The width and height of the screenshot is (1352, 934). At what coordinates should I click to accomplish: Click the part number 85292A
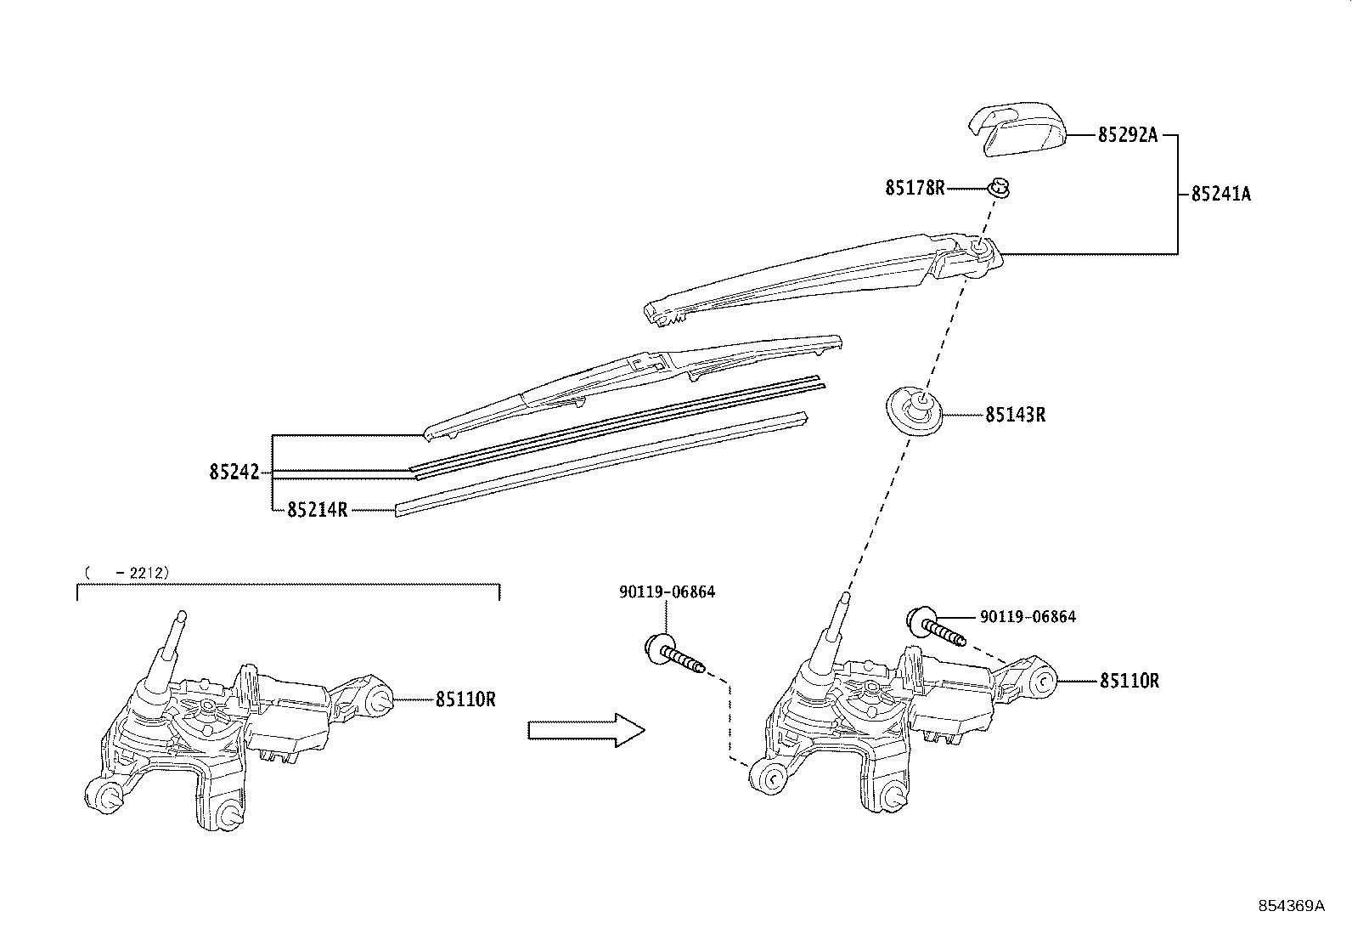click(1128, 135)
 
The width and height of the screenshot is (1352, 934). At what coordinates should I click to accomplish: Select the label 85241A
click(1220, 195)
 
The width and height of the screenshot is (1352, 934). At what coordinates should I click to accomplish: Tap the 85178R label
click(915, 188)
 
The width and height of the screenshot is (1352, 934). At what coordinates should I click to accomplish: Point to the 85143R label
click(1015, 416)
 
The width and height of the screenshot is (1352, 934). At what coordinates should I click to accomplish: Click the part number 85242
click(234, 472)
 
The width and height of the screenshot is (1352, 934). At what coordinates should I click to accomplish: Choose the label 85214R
click(317, 510)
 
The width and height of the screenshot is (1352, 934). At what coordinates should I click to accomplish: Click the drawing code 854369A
click(1291, 906)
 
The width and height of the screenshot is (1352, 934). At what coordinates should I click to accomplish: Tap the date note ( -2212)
click(127, 573)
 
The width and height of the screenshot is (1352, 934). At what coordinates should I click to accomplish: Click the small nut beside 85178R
click(1001, 187)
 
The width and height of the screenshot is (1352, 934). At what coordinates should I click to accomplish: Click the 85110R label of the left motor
click(465, 699)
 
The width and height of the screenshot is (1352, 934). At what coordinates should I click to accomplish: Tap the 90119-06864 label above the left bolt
click(667, 592)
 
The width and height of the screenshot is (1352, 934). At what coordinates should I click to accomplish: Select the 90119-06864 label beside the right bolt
click(1028, 617)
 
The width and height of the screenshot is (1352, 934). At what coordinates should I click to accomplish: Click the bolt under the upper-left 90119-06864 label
click(674, 654)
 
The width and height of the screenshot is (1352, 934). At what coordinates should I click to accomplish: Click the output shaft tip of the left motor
click(179, 618)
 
